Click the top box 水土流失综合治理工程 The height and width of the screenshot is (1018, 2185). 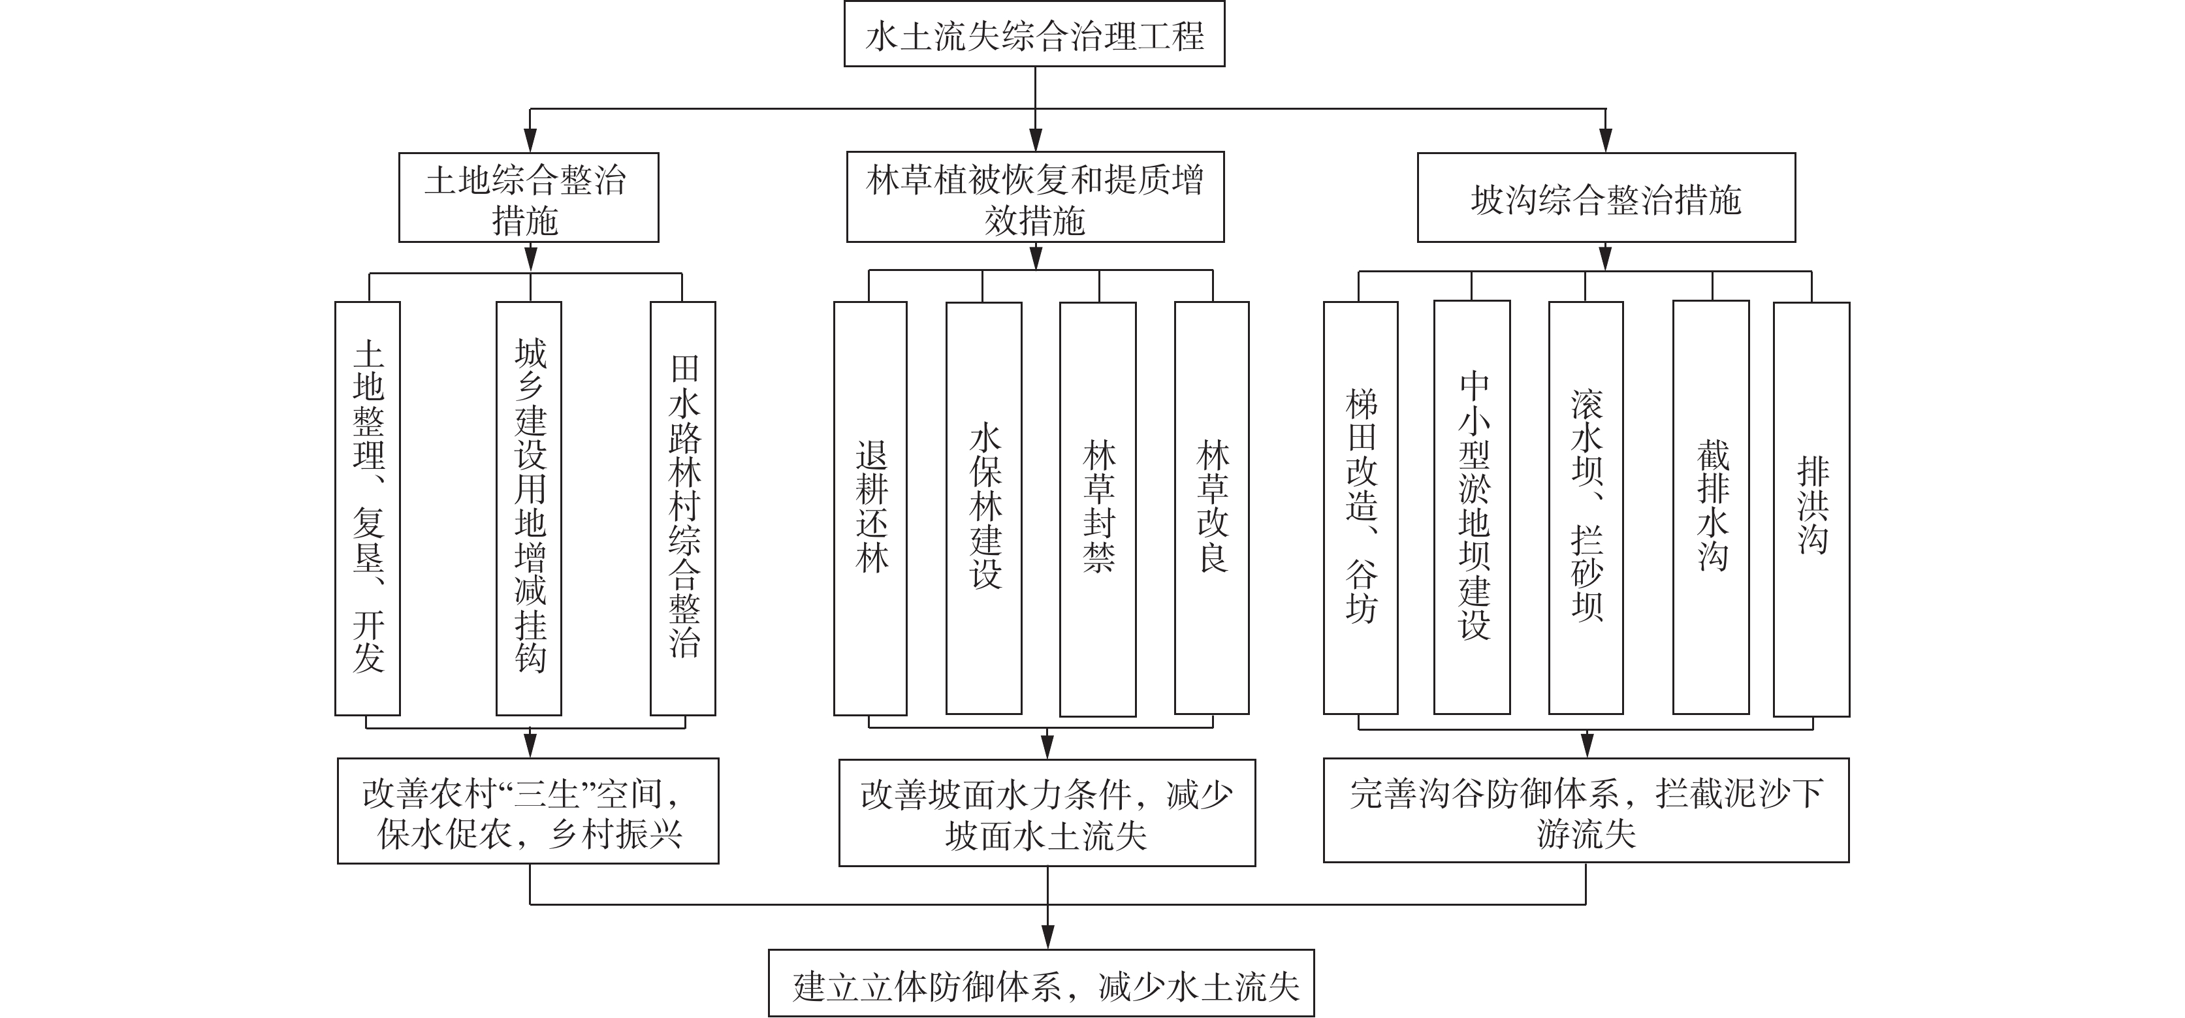[x=1034, y=34]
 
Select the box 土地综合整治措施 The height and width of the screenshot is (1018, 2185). [x=528, y=198]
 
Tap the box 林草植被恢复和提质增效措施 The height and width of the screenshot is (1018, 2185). [x=1035, y=198]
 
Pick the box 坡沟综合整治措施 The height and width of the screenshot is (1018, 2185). [x=1606, y=198]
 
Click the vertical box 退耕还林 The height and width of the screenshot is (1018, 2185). [x=870, y=508]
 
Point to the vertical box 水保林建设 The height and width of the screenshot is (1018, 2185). [x=984, y=508]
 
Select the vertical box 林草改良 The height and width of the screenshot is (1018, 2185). [x=1211, y=508]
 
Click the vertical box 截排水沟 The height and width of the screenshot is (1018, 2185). [x=1711, y=507]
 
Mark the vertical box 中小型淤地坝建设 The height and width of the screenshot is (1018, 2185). [x=1472, y=507]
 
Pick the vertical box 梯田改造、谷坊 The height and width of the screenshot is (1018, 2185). [x=1360, y=508]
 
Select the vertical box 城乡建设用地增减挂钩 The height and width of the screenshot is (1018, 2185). [x=528, y=508]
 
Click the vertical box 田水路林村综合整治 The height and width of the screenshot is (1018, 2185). [x=683, y=508]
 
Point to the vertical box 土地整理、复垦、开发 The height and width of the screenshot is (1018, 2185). [x=367, y=508]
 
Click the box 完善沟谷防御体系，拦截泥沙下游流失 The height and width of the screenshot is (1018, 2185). [x=1586, y=810]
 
